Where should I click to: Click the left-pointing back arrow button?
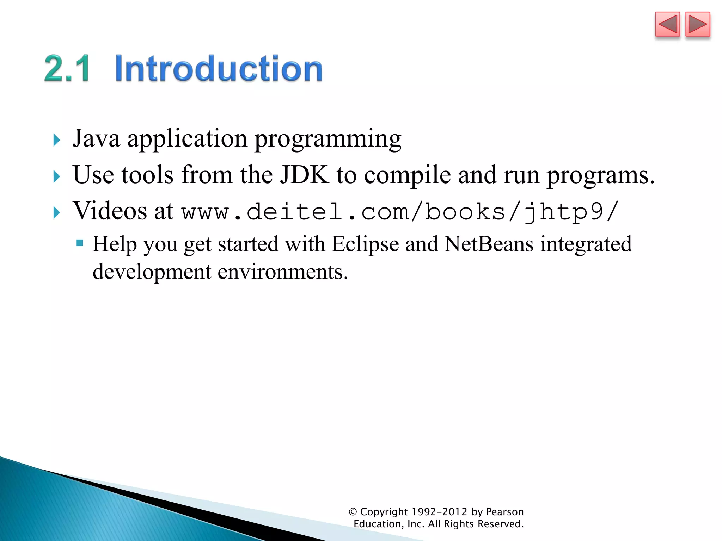coord(667,24)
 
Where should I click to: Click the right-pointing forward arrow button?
coord(698,24)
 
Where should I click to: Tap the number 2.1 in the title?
coord(67,68)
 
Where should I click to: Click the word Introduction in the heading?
coord(219,68)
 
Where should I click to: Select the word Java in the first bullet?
coord(96,138)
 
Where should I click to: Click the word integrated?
coord(586,244)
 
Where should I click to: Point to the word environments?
coord(283,272)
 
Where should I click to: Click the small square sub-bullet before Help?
coord(80,243)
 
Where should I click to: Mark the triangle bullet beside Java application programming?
coord(57,140)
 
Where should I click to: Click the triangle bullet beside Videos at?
coord(57,213)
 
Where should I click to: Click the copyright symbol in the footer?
coord(353,512)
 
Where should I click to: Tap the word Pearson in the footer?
coord(505,512)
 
